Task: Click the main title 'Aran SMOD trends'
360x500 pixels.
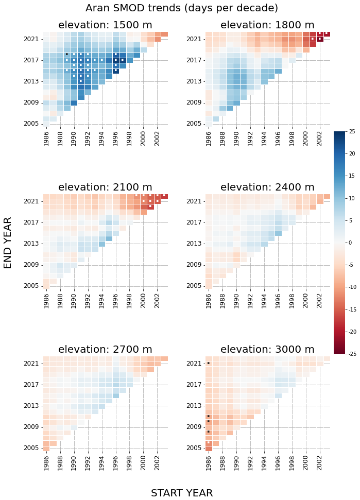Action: [181, 8]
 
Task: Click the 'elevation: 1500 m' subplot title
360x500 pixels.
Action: [105, 25]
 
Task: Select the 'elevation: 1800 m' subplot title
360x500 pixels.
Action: [267, 25]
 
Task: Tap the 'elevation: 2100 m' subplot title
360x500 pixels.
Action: [105, 187]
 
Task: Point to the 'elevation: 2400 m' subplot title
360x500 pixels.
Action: [267, 187]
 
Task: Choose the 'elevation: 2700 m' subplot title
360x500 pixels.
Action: [105, 350]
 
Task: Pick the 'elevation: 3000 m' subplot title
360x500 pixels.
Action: [267, 350]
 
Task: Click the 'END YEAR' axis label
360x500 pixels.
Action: [8, 243]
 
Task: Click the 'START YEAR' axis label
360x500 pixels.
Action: [181, 493]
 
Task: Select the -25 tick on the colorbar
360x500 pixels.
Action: [351, 354]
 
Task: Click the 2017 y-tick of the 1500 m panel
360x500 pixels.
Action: [31, 60]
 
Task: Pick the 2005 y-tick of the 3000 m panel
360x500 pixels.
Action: [194, 448]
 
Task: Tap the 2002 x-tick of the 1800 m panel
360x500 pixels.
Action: [320, 139]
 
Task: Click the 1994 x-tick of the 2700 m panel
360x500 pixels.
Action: [102, 463]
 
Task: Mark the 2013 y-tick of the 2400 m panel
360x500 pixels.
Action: [194, 244]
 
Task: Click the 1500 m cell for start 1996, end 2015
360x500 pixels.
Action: [116, 71]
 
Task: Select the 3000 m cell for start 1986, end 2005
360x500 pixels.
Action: [209, 449]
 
